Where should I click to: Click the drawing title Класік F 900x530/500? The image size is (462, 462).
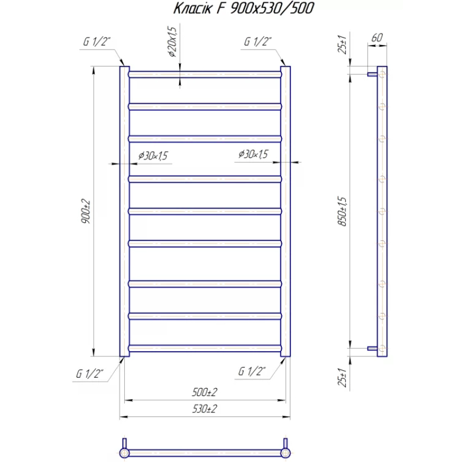point(243,8)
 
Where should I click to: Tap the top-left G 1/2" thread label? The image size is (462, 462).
point(96,42)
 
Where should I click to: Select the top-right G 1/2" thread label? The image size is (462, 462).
point(258,42)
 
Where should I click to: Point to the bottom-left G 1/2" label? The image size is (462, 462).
point(90,373)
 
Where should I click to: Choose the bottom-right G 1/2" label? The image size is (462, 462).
point(252,371)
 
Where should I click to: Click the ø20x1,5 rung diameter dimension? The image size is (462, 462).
point(172,42)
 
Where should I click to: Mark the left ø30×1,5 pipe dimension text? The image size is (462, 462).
point(153,155)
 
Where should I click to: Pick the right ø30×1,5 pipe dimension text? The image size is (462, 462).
point(254,154)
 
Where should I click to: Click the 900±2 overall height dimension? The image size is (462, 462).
point(85,211)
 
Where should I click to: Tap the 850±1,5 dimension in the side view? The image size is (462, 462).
point(342,211)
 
